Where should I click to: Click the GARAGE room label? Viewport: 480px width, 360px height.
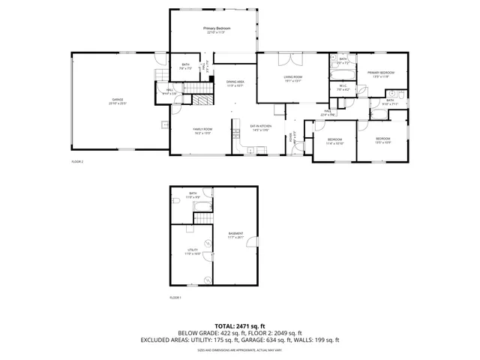tap(118, 100)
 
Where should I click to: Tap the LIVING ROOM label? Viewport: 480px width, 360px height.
tap(292, 77)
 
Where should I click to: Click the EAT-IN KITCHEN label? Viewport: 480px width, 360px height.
tap(260, 126)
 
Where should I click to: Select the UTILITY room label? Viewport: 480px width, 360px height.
tap(191, 250)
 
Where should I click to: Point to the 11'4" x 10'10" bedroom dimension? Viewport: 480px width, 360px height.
tap(334, 143)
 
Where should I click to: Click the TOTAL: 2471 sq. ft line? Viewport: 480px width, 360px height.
tap(239, 325)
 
